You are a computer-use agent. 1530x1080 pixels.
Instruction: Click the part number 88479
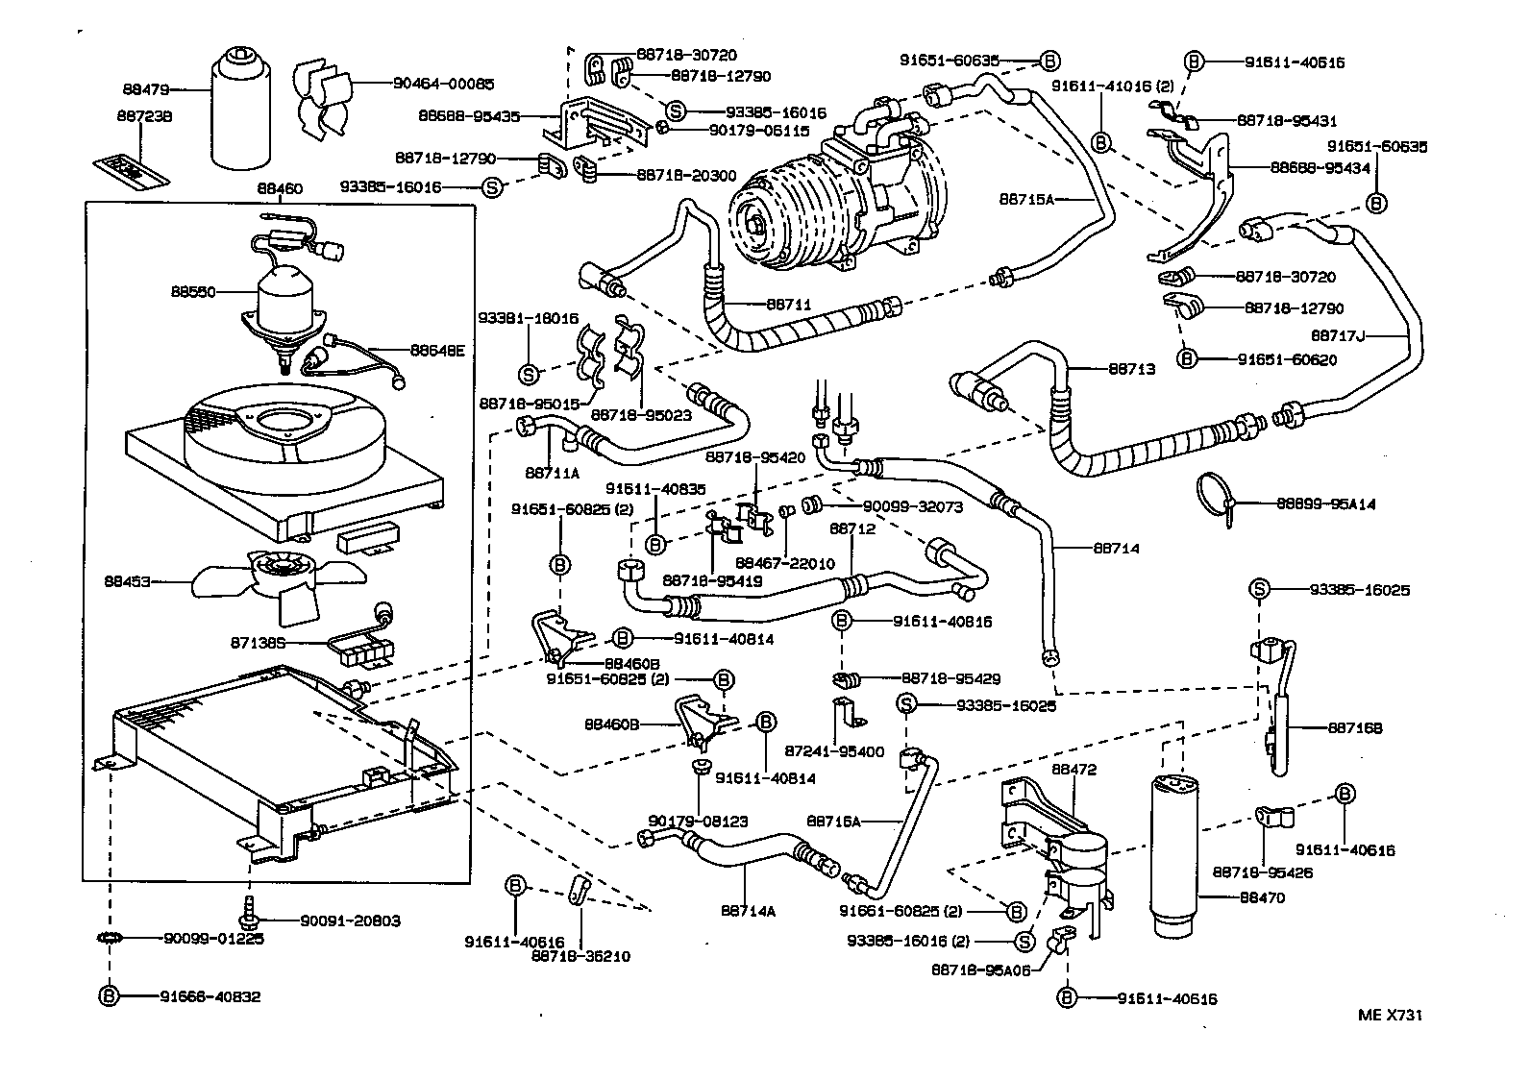[146, 89]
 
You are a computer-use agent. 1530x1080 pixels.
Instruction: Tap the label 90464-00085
[443, 84]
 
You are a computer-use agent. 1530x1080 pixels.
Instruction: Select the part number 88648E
[437, 351]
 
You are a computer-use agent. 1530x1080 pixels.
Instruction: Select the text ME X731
[1391, 1015]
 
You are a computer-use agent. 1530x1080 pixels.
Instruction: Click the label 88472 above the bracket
[1073, 770]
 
